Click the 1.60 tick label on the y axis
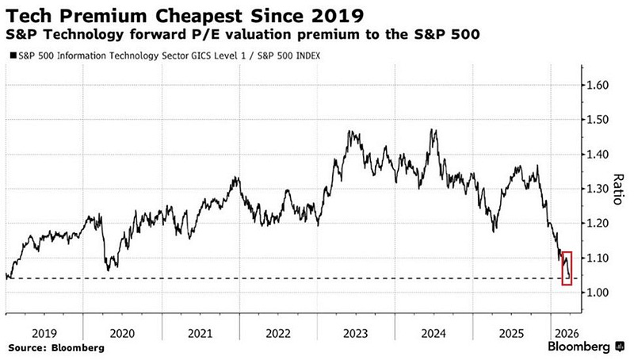coord(598,85)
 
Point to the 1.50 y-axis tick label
coord(598,120)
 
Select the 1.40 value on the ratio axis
coord(598,154)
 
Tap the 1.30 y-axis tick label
coord(598,189)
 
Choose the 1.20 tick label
coord(598,224)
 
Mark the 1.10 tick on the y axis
coord(598,259)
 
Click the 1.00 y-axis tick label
coord(598,293)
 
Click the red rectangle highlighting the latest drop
coord(567,268)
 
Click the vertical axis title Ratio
coord(619,189)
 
